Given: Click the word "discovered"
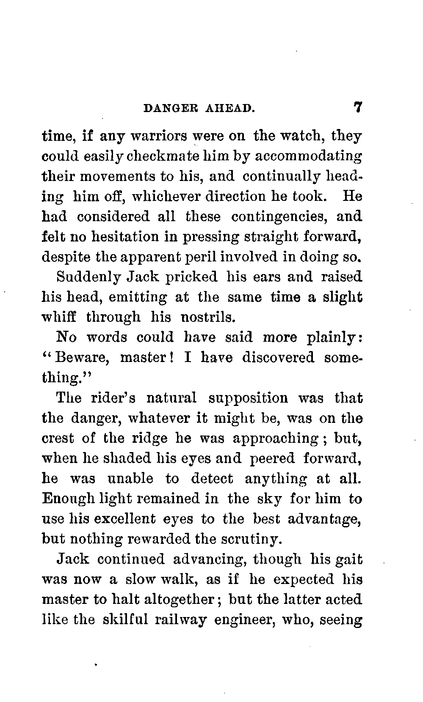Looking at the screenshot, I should coord(278,358).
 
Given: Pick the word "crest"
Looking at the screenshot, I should coord(58,438).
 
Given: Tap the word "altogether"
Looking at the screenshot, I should coord(180,600).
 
